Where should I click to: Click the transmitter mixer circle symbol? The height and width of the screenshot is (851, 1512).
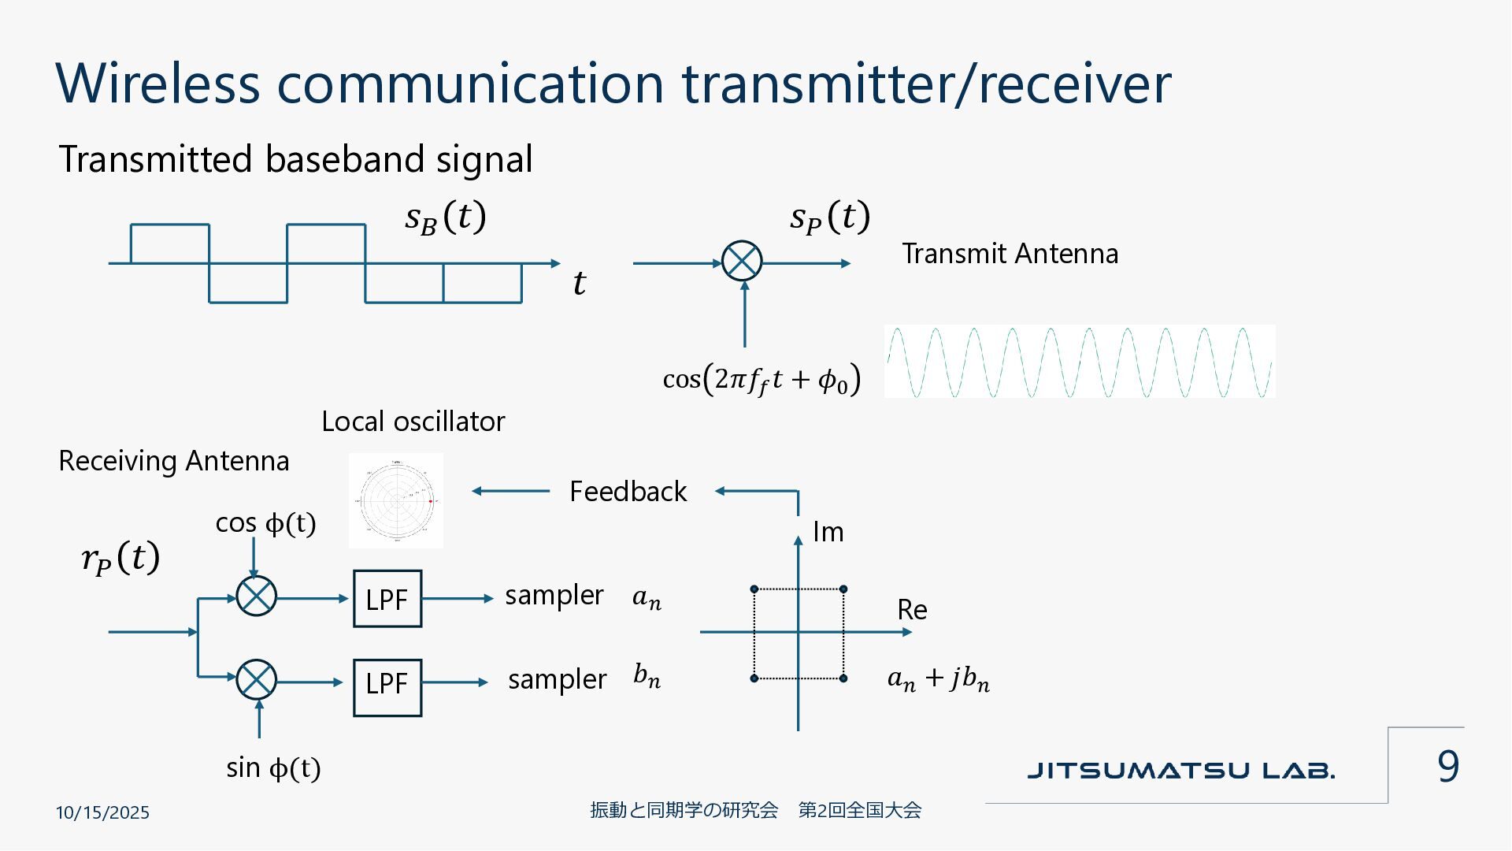coord(742,261)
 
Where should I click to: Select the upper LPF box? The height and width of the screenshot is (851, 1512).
coord(387,599)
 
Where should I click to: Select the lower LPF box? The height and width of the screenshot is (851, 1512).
coord(387,687)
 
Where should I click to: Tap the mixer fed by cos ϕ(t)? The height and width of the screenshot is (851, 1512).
coord(256,596)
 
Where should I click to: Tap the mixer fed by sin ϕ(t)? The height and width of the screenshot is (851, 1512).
coord(256,679)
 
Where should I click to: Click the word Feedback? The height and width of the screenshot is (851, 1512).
coord(628,492)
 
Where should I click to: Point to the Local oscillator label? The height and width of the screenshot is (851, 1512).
coord(413,422)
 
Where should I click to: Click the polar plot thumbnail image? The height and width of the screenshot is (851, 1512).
coord(396,500)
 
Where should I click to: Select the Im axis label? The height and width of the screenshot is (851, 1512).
coord(828,533)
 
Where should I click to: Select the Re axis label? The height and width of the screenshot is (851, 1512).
coord(912,610)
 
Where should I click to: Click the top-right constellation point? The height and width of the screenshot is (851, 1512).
coord(843,589)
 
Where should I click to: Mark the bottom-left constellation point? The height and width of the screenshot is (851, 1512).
coord(754,678)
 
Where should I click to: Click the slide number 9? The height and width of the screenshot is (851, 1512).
coord(1447,766)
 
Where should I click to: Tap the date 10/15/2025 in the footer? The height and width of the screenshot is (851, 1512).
coord(102,812)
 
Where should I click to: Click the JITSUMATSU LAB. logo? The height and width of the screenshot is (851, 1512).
coord(1180,771)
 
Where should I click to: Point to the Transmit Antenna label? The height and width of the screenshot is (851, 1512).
coord(1010,254)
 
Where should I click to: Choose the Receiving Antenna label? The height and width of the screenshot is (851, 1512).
coord(174,461)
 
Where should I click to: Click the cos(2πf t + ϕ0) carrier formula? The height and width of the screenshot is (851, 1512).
coord(762,380)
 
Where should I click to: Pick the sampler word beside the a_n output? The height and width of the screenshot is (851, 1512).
coord(554,596)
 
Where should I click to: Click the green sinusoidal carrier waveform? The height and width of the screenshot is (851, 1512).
coord(1079,362)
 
